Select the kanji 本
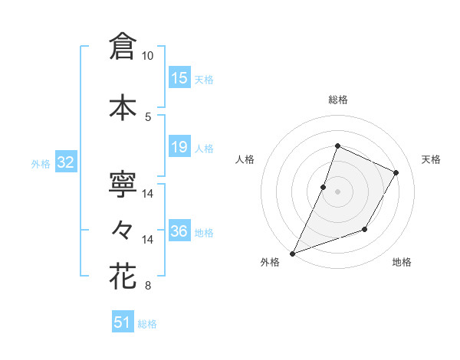(123, 106)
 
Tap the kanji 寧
(123, 184)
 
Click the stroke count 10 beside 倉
(148, 56)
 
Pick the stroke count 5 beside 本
(148, 116)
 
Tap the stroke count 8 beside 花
(148, 286)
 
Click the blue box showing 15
(179, 78)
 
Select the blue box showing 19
(179, 147)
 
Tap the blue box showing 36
(179, 231)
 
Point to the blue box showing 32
(65, 162)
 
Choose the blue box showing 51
(123, 322)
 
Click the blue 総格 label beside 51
(147, 324)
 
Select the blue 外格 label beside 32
(41, 163)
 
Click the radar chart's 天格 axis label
(431, 159)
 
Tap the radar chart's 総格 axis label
(337, 100)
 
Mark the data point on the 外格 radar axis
(292, 253)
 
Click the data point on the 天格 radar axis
(396, 172)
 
